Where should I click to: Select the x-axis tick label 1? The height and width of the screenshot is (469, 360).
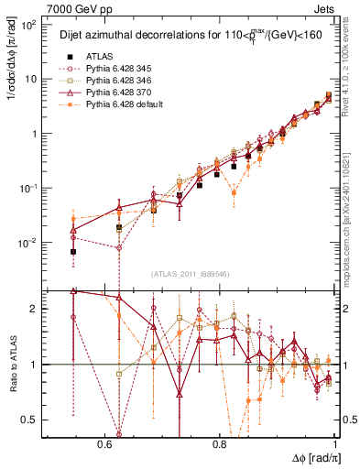click(x=337, y=442)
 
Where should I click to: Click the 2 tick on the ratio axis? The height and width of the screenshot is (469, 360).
click(x=37, y=309)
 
